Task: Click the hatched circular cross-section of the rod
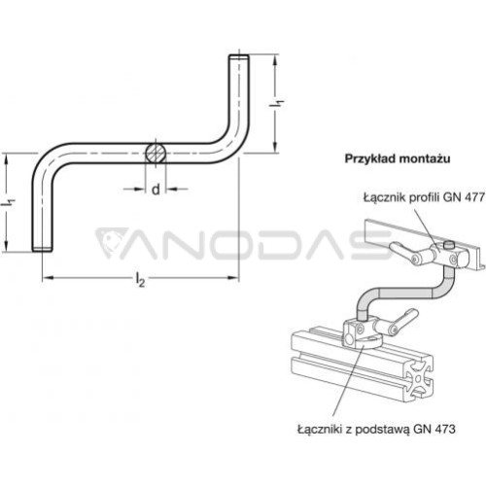click(156, 153)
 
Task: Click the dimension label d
click(156, 189)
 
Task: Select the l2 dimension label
click(140, 280)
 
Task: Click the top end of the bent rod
click(239, 57)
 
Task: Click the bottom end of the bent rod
click(43, 249)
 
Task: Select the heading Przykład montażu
click(398, 159)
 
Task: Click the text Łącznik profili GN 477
click(424, 197)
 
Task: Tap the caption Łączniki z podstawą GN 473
click(376, 430)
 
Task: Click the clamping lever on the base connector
click(401, 321)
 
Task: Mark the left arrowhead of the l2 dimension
click(48, 278)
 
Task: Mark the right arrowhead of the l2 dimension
click(233, 278)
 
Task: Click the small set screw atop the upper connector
click(448, 244)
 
